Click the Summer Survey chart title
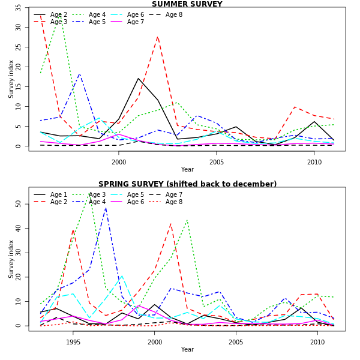(x=187, y=4)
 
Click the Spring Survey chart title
(x=187, y=184)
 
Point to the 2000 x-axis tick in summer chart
(x=119, y=162)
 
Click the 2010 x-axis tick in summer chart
(x=314, y=162)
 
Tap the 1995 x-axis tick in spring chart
(x=73, y=342)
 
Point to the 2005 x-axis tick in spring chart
(x=236, y=342)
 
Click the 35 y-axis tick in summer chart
(x=19, y=8)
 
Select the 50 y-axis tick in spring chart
(x=19, y=204)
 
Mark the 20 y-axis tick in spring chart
(x=19, y=277)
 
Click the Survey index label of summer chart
(x=11, y=79)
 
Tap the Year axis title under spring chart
(x=187, y=350)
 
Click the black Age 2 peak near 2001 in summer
(x=138, y=78)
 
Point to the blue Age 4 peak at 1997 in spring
(x=106, y=208)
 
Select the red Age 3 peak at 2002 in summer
(x=158, y=37)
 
